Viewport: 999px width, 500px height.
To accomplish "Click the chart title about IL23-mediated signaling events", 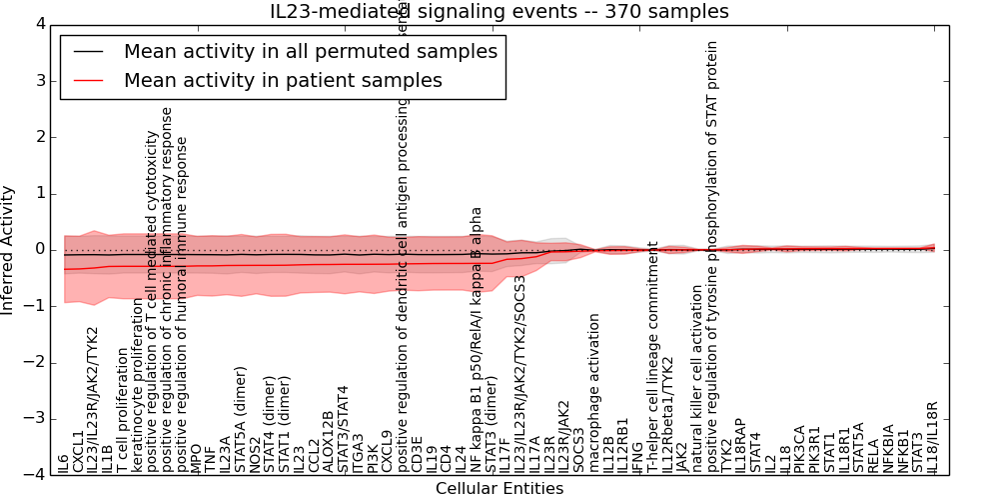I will pyautogui.click(x=499, y=11).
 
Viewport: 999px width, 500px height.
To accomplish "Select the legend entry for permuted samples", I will pyautogui.click(x=310, y=51).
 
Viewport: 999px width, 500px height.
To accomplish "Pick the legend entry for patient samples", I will pyautogui.click(x=283, y=80).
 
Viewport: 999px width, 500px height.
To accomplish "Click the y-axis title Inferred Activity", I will pyautogui.click(x=9, y=250).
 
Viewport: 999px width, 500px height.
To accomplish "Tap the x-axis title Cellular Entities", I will pyautogui.click(x=499, y=489).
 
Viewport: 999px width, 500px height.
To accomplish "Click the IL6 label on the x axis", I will pyautogui.click(x=64, y=463).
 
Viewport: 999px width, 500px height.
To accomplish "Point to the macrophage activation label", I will pyautogui.click(x=594, y=393).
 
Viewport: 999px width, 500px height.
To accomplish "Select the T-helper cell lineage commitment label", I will pyautogui.click(x=653, y=356).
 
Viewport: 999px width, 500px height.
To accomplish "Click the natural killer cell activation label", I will pyautogui.click(x=697, y=370).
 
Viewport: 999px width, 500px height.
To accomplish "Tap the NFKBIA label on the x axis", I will pyautogui.click(x=889, y=449).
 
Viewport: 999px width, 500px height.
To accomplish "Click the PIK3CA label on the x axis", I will pyautogui.click(x=800, y=449).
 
